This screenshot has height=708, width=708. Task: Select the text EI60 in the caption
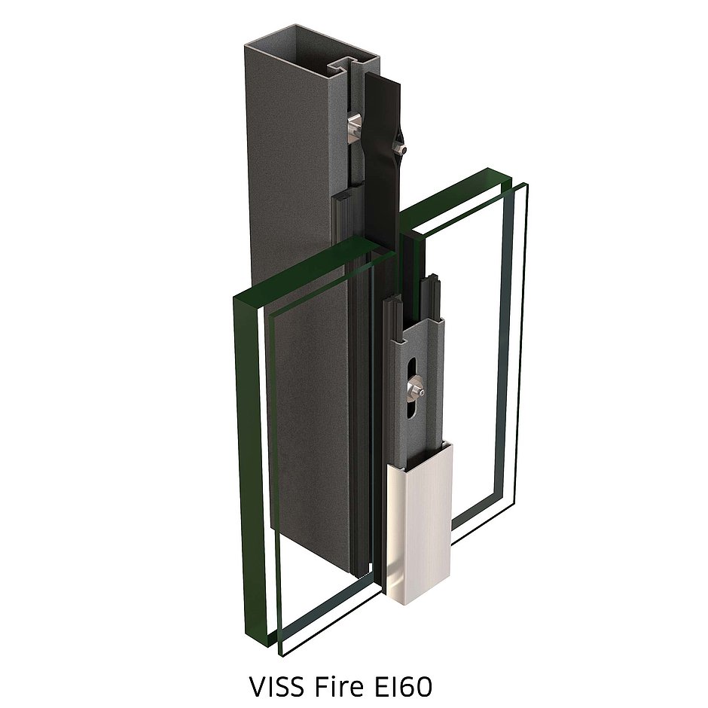[x=400, y=687]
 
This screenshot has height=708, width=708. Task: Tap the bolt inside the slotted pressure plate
[x=416, y=390]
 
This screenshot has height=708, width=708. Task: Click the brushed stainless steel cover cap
[x=419, y=520]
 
